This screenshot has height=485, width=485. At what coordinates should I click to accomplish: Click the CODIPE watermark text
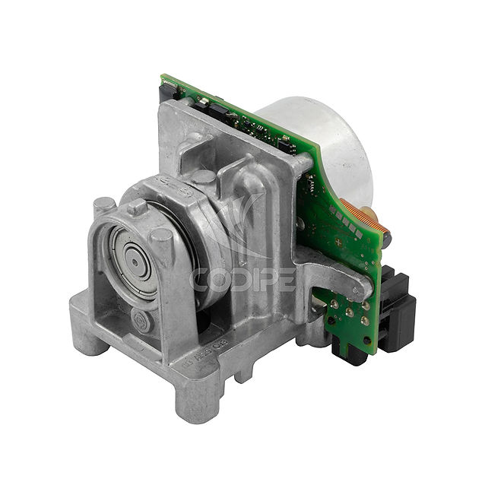[242, 280]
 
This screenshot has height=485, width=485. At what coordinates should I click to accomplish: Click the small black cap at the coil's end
[388, 240]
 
